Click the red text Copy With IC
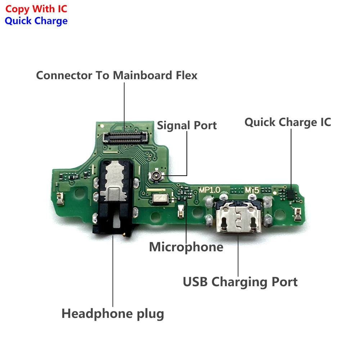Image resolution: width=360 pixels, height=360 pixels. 36,9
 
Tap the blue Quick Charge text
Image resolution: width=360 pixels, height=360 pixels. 36,21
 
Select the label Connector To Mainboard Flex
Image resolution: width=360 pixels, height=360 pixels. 117,76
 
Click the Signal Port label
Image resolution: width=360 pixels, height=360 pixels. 187,125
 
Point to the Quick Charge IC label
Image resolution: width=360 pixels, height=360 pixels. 288,122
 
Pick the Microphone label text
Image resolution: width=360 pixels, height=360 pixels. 186,247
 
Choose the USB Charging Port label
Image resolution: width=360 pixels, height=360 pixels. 240,282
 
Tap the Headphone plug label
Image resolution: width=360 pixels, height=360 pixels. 113,314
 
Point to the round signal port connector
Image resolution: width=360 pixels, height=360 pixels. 156,176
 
